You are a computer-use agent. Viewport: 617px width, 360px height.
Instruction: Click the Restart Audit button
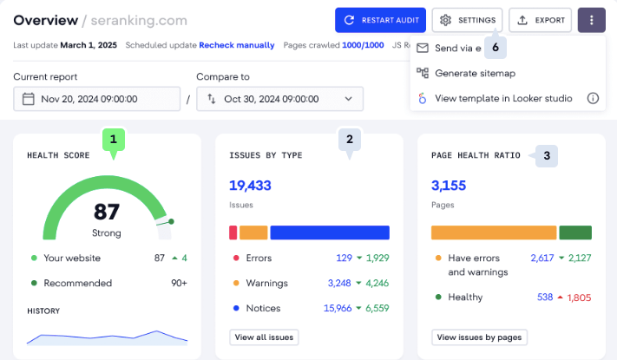pyautogui.click(x=379, y=20)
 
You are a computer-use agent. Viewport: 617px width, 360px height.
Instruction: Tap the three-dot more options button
pyautogui.click(x=592, y=20)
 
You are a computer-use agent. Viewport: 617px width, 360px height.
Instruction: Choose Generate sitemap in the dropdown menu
pyautogui.click(x=475, y=73)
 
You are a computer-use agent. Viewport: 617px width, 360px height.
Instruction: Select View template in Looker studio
pyautogui.click(x=503, y=98)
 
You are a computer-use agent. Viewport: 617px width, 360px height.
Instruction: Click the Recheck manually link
pyautogui.click(x=237, y=45)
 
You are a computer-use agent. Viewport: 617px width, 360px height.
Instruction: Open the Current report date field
pyautogui.click(x=96, y=99)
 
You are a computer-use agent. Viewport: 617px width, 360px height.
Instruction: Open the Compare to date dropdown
pyautogui.click(x=279, y=99)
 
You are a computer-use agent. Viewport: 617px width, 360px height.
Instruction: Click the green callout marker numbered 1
pyautogui.click(x=113, y=138)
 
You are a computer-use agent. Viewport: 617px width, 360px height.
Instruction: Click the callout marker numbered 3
pyautogui.click(x=546, y=156)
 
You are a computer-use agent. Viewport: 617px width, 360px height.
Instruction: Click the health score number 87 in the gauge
pyautogui.click(x=106, y=213)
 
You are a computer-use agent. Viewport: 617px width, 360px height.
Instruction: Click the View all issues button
pyautogui.click(x=264, y=337)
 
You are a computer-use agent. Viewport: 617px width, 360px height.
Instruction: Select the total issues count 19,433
pyautogui.click(x=251, y=184)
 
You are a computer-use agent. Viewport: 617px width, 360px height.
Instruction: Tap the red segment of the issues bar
pyautogui.click(x=233, y=232)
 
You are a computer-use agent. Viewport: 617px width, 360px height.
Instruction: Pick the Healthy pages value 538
pyautogui.click(x=545, y=297)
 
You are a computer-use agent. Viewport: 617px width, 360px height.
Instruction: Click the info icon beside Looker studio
pyautogui.click(x=593, y=98)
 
